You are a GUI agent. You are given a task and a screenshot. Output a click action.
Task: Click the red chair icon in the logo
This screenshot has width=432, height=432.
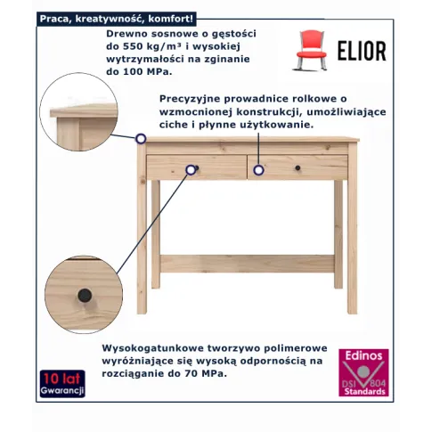[311, 50]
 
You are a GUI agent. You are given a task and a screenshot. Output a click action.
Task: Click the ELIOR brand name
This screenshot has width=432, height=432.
[362, 51]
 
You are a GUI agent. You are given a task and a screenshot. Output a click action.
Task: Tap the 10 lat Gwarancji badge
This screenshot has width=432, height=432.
[62, 384]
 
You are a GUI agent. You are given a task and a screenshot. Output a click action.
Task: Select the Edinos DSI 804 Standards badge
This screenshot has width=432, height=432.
[363, 372]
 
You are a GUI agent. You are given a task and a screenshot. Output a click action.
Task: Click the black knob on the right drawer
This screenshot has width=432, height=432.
[298, 168]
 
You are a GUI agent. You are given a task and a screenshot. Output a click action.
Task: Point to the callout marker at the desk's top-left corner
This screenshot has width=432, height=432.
[141, 139]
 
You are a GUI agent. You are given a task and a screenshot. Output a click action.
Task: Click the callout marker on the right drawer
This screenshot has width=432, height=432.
[258, 170]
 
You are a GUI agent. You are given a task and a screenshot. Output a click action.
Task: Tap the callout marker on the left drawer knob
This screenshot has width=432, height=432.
[191, 170]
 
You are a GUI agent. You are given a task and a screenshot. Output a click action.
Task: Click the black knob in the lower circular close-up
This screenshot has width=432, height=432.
[85, 296]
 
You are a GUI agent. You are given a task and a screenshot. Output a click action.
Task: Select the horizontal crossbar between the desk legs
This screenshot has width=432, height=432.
[247, 264]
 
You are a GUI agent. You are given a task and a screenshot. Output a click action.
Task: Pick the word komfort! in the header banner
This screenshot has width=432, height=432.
[171, 19]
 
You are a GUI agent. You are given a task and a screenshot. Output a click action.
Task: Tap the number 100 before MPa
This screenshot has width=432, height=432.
[131, 71]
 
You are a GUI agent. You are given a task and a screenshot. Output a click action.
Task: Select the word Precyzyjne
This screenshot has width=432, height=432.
[190, 99]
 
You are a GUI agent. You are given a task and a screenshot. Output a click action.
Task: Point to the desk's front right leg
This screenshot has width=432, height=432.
[352, 228]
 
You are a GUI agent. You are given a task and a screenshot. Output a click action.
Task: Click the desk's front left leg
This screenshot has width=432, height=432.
[142, 228]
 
